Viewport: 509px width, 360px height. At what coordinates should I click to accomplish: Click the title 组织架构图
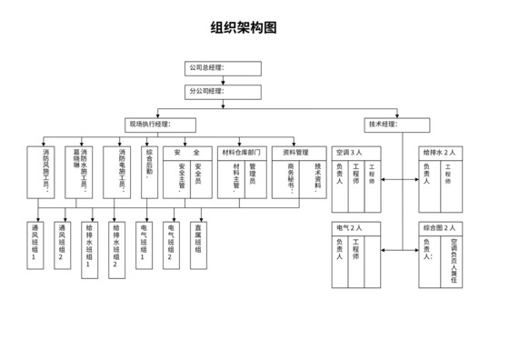coord(243,28)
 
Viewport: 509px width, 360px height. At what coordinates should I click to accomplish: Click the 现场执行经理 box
coord(163,125)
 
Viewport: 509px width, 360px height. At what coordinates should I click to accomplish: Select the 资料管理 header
coord(296,153)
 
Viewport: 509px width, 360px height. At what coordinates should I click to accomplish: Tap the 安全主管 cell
coord(182,178)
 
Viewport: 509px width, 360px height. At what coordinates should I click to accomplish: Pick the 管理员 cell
coord(254,178)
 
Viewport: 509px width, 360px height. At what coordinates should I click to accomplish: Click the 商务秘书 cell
coord(291,178)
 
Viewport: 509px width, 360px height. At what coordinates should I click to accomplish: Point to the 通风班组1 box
coord(36,244)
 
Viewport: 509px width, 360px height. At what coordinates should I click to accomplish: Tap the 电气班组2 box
coord(169,244)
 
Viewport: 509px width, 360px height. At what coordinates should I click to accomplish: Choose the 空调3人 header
coord(350,153)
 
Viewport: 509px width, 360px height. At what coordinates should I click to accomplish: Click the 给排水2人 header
coord(438,153)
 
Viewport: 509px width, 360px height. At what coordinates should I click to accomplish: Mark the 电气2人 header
coord(350,227)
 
